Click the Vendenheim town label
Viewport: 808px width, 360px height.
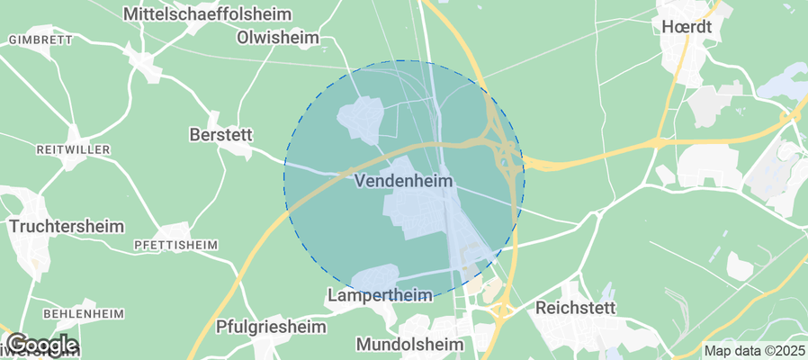pyautogui.click(x=403, y=181)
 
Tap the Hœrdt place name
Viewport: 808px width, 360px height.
pyautogui.click(x=686, y=27)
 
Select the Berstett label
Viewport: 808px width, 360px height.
pyautogui.click(x=220, y=134)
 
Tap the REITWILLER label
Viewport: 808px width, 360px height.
pyautogui.click(x=73, y=148)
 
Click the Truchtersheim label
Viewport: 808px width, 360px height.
pyautogui.click(x=67, y=226)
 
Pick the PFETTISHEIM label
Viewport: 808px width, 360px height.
pyautogui.click(x=175, y=245)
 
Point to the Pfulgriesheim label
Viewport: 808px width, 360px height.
pyautogui.click(x=271, y=327)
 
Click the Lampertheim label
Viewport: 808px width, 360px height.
pyautogui.click(x=380, y=295)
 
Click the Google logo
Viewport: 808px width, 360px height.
pyautogui.click(x=41, y=345)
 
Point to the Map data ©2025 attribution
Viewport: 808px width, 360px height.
pyautogui.click(x=752, y=351)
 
